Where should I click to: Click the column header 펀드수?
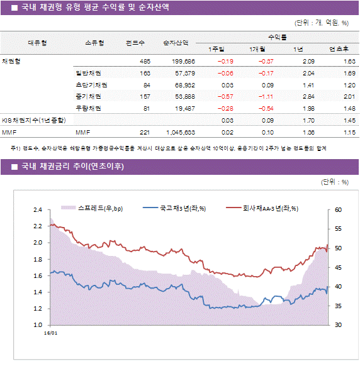pos(135,43)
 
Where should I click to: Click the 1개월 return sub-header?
pos(256,50)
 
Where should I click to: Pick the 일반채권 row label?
pos(88,73)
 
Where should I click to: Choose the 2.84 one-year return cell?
pos(308,97)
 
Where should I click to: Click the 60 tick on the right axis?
pos(337,210)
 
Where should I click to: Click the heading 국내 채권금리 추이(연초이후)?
pos(72,167)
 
